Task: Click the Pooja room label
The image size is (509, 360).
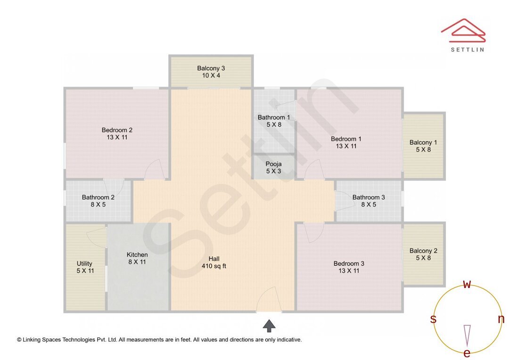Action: coord(273,164)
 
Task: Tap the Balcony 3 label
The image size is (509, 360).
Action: coord(211,68)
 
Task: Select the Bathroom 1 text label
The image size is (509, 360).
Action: coord(274,117)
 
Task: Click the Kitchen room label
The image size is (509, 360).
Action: coord(137,255)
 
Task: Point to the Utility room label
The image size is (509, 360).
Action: coord(85,263)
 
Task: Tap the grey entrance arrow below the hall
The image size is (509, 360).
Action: coord(269,325)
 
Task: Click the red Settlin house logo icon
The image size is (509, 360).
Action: coord(463,29)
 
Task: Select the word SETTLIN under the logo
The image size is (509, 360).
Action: coord(467,49)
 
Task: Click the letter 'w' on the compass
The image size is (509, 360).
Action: coord(467,284)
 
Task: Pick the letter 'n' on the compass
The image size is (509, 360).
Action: coord(501,319)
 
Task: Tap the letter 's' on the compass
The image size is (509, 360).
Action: coord(433,319)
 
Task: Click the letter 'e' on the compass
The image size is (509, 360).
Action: coord(467,353)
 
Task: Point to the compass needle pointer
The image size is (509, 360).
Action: coord(467,335)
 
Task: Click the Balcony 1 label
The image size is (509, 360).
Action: coord(423,142)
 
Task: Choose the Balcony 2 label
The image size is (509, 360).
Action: coord(423,251)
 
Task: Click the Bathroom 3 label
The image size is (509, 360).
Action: coord(369,197)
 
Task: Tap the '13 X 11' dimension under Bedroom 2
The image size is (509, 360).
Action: coord(117,138)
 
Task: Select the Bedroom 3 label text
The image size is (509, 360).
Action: coord(349,263)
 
